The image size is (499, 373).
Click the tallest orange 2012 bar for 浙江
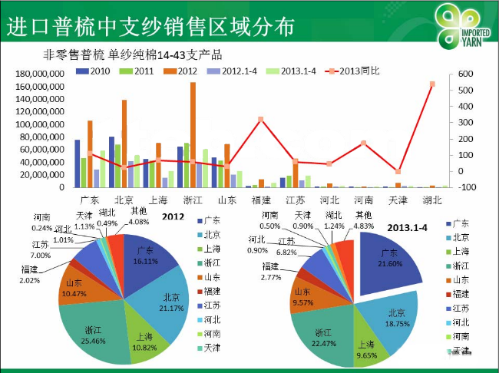pyautogui.click(x=193, y=134)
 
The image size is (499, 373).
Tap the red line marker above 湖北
pyautogui.click(x=433, y=84)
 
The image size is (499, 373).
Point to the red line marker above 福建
pyautogui.click(x=261, y=120)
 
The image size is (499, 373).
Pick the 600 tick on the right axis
pyautogui.click(x=466, y=74)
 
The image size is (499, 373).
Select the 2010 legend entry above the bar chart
pyautogui.click(x=94, y=71)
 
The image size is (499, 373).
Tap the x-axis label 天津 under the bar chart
pyautogui.click(x=398, y=200)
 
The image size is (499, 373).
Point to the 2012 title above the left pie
pyautogui.click(x=173, y=217)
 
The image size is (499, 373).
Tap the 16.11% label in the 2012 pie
pyautogui.click(x=146, y=261)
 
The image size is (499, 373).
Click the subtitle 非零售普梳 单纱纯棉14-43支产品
pyautogui.click(x=133, y=54)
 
